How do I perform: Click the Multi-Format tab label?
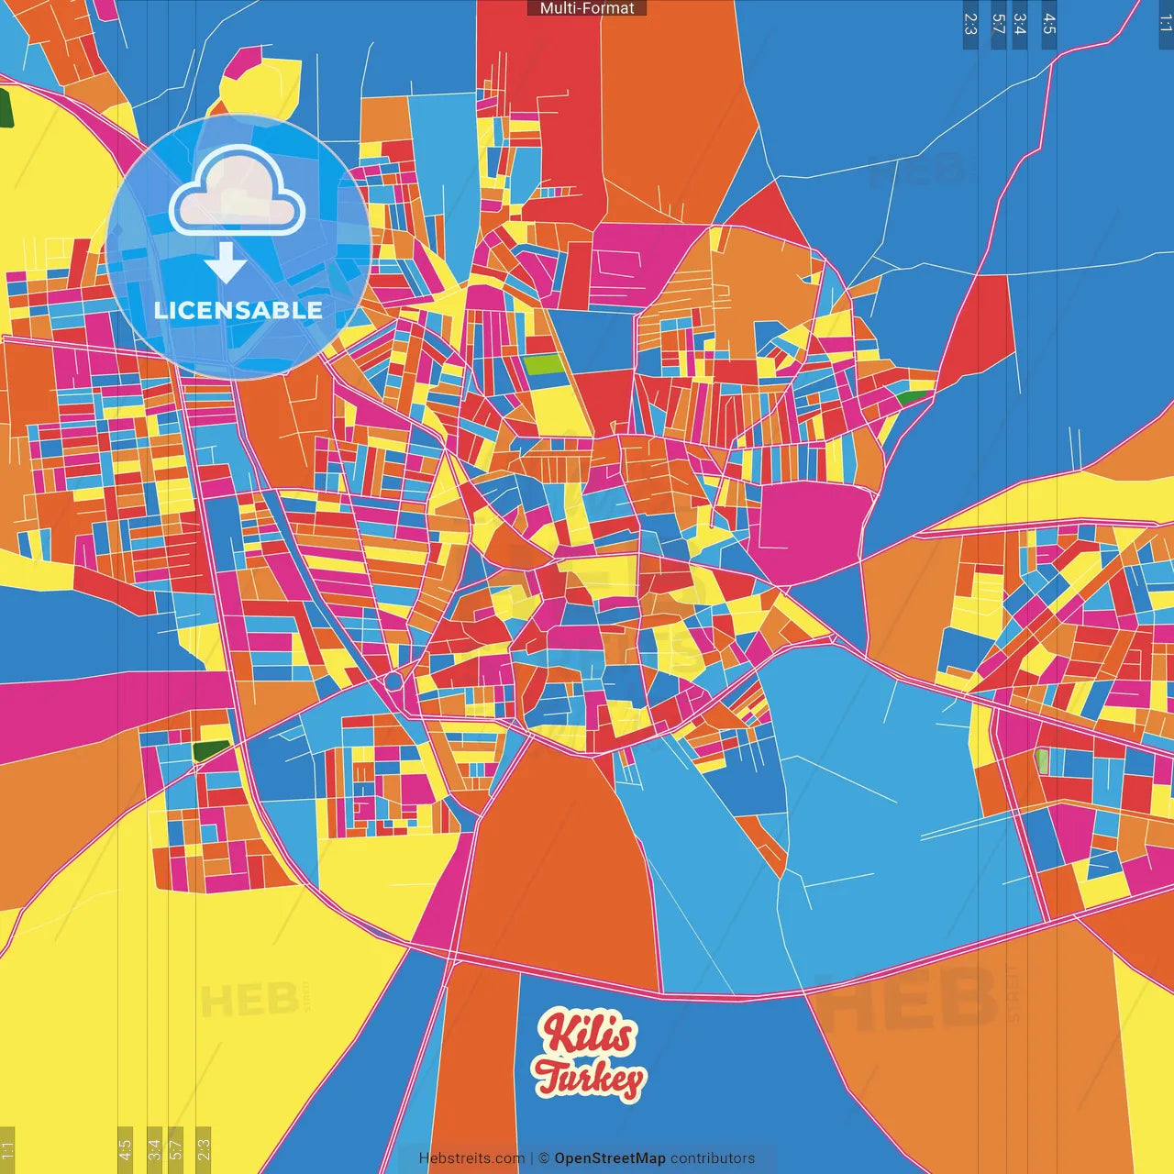(587, 8)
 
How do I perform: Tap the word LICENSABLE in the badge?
(238, 310)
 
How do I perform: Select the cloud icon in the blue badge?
(238, 191)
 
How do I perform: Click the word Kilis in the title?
(587, 1034)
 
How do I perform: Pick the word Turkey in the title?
(590, 1078)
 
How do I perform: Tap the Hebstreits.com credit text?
(471, 1158)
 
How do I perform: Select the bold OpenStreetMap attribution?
(609, 1158)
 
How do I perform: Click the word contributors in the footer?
(713, 1158)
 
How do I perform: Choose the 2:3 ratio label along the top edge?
(970, 24)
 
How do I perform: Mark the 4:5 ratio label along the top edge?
(1049, 24)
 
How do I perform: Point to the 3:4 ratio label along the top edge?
(1020, 24)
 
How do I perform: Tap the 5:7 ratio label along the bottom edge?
(176, 1148)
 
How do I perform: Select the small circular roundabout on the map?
(393, 681)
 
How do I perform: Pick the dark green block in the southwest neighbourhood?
(211, 750)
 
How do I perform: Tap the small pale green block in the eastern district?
(1042, 760)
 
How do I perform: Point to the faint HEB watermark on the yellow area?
(248, 1000)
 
